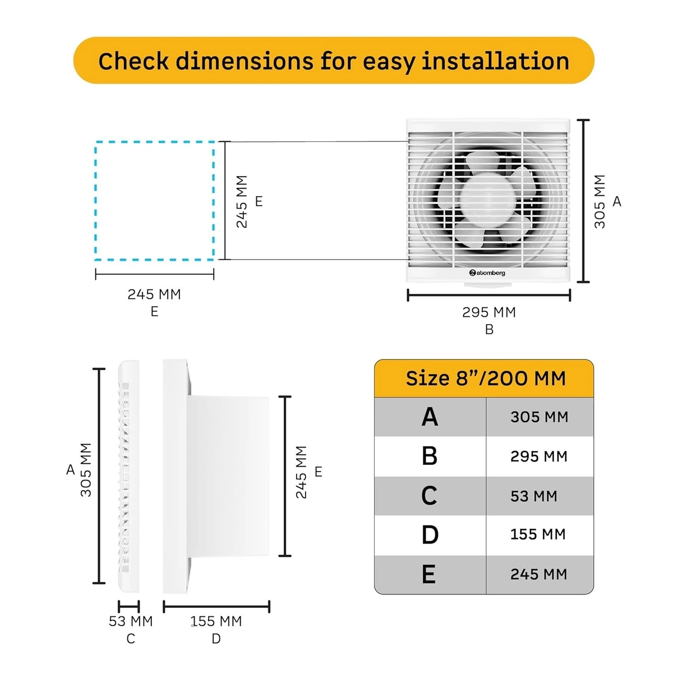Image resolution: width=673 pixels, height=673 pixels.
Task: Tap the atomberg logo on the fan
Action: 487,273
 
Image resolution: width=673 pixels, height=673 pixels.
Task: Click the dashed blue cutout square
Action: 155,201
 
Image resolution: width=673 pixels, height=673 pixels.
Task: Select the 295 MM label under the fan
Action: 488,312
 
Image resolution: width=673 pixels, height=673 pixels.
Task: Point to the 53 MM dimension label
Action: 131,621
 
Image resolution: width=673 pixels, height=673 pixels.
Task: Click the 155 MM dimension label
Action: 216,621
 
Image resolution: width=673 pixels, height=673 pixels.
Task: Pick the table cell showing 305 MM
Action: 539,417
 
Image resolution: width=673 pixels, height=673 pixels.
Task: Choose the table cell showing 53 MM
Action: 533,496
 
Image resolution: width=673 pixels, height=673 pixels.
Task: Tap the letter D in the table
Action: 430,534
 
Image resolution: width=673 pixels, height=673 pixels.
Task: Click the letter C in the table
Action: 429,496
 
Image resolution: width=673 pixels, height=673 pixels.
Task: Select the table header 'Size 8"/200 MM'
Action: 485,379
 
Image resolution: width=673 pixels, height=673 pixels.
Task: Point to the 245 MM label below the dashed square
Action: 154,294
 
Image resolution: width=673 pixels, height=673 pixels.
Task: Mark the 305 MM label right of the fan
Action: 600,201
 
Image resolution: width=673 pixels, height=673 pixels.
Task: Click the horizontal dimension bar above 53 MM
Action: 128,606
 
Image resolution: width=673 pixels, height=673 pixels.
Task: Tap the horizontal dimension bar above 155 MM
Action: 216,606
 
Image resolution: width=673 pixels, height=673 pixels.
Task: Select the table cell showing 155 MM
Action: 538,534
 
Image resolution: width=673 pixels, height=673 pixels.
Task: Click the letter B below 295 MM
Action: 489,330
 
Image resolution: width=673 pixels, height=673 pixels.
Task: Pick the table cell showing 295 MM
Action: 538,457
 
